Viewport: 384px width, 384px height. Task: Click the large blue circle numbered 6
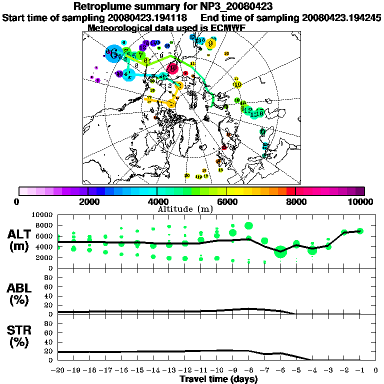113,53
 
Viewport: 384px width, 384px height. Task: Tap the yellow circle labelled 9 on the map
211,43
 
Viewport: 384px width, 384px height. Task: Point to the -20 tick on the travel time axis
58,370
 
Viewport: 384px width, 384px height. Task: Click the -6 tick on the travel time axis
280,370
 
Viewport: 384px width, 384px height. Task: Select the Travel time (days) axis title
218,379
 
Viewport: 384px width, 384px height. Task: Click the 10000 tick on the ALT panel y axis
45,214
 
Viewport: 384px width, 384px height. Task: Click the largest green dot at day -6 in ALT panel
280,251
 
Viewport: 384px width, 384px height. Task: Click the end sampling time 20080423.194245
341,17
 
